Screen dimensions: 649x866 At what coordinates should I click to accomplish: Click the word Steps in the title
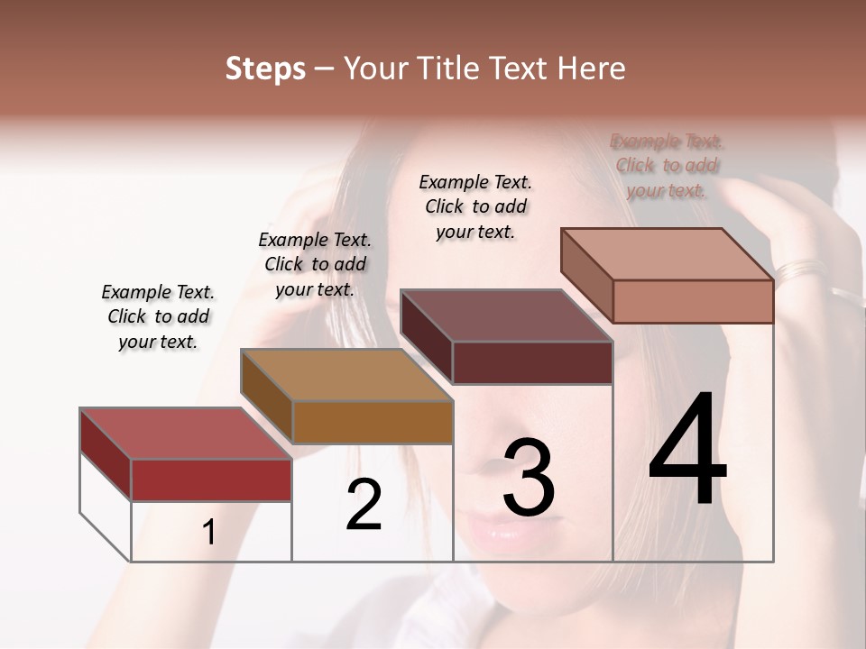265,69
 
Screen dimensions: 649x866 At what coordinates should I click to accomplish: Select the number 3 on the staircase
529,479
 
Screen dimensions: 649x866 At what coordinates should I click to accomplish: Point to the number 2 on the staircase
364,505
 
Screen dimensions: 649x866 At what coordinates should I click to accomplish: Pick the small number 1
209,533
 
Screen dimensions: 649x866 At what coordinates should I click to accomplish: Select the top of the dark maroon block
506,315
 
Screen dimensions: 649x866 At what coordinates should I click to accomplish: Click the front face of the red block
211,480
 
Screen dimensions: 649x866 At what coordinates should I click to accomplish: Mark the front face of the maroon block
532,362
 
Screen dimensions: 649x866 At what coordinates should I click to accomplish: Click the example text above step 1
158,316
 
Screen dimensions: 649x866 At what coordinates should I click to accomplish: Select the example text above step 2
315,264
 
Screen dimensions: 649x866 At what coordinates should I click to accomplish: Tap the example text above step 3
475,206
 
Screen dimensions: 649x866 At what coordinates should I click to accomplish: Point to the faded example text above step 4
667,166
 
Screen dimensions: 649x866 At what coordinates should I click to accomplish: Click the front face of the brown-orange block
373,421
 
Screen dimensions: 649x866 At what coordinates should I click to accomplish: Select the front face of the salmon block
693,301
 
